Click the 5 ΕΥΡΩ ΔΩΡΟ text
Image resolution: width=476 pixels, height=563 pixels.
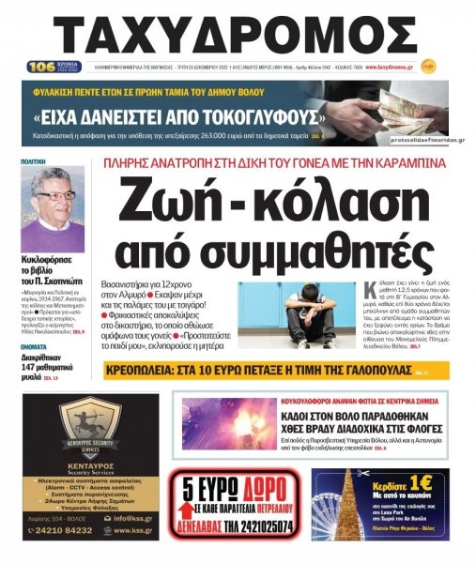point(236,489)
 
